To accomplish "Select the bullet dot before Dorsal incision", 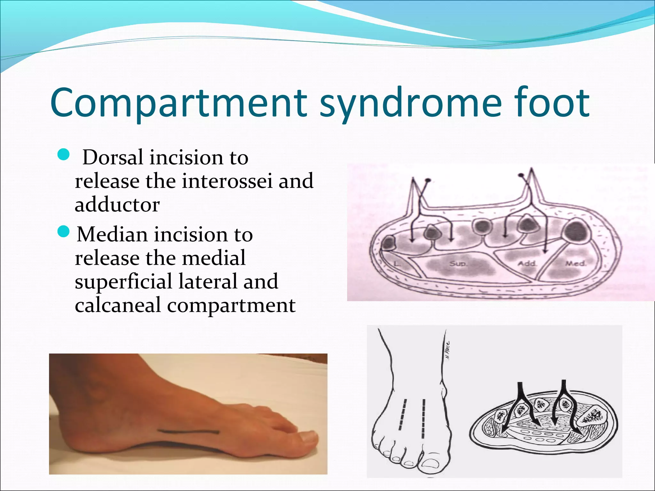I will click(x=64, y=155).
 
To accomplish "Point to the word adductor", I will click(x=117, y=205).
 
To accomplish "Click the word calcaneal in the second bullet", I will click(x=118, y=305).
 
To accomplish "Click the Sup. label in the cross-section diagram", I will click(x=458, y=264).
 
